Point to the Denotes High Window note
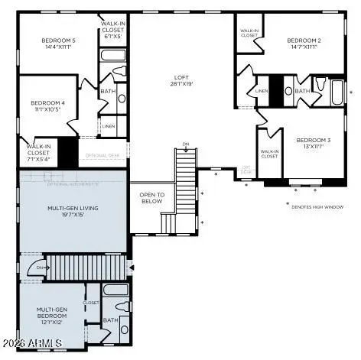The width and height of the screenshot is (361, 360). click(319, 205)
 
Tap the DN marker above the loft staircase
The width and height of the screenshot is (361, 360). click(185, 144)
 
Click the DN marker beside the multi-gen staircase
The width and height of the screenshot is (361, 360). click(41, 268)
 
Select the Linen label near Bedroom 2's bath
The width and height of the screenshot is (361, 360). click(261, 91)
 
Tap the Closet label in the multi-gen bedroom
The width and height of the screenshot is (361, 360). click(91, 303)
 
